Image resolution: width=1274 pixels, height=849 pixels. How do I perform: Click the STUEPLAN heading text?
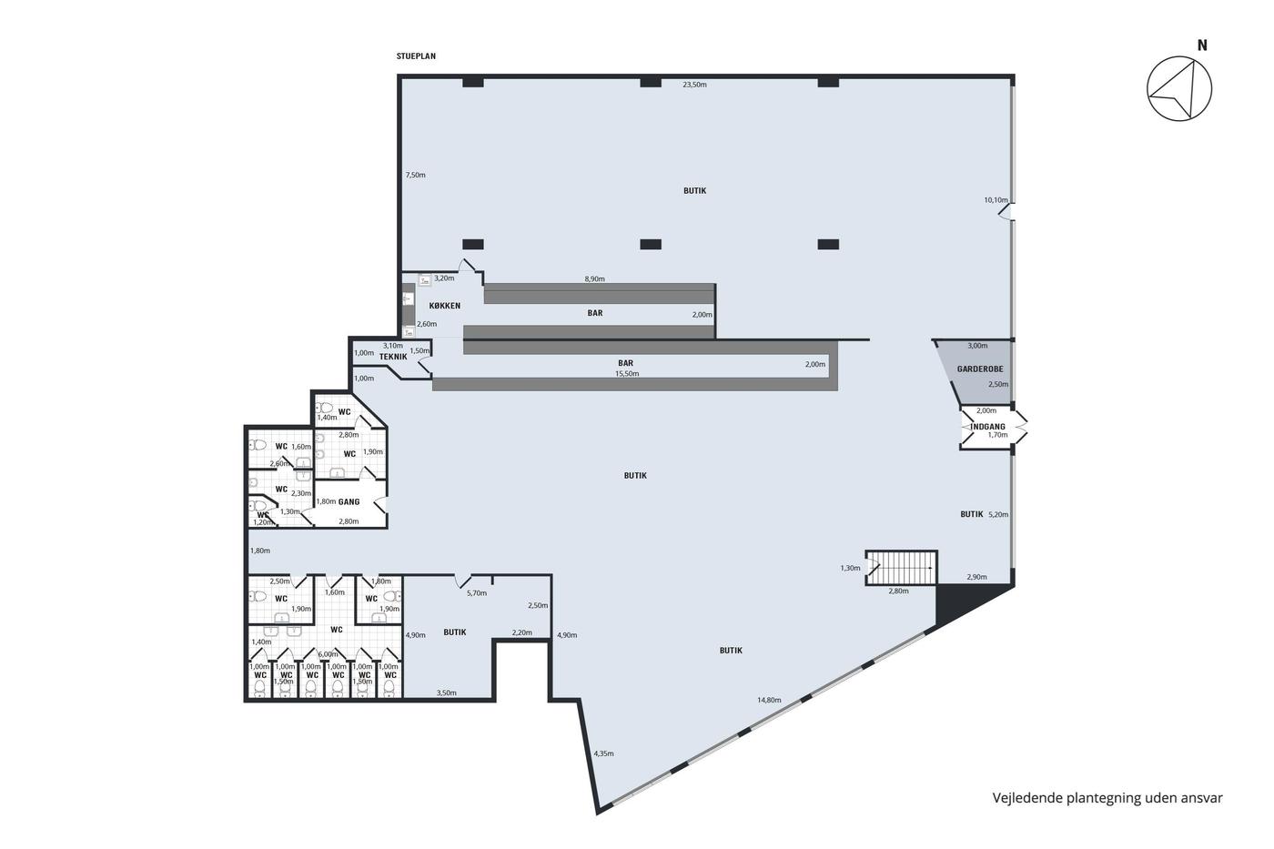(x=416, y=56)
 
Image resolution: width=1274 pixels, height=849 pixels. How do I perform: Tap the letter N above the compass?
(x=1202, y=45)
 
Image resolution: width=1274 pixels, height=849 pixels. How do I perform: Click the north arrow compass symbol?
(x=1179, y=88)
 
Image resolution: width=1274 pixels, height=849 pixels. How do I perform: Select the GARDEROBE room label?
(x=980, y=369)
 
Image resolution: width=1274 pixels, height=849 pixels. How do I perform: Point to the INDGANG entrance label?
(x=988, y=427)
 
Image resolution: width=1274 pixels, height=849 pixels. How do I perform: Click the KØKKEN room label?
(x=445, y=306)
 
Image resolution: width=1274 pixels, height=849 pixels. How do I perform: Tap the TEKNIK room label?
(x=393, y=357)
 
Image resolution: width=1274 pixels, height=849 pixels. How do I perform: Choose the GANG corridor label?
(x=349, y=501)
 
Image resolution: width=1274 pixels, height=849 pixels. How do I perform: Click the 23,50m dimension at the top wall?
(x=694, y=85)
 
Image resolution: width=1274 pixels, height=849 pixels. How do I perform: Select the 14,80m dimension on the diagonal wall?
(x=769, y=700)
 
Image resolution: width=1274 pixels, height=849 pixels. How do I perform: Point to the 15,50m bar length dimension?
(x=627, y=374)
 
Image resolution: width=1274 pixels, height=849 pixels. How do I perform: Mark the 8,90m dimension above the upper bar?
(x=594, y=278)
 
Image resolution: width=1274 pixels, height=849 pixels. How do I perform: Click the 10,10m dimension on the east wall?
(x=996, y=199)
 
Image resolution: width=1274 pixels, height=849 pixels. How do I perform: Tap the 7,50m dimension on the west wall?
(x=415, y=175)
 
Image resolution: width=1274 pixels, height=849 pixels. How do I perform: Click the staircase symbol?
(x=902, y=568)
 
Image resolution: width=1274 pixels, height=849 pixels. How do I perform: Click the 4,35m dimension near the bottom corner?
(x=603, y=753)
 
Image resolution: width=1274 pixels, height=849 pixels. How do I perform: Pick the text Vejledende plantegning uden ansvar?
(x=1107, y=798)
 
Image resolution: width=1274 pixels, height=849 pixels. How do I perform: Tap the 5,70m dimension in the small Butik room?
(x=477, y=593)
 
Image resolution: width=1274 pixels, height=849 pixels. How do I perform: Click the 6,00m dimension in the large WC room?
(x=328, y=654)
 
